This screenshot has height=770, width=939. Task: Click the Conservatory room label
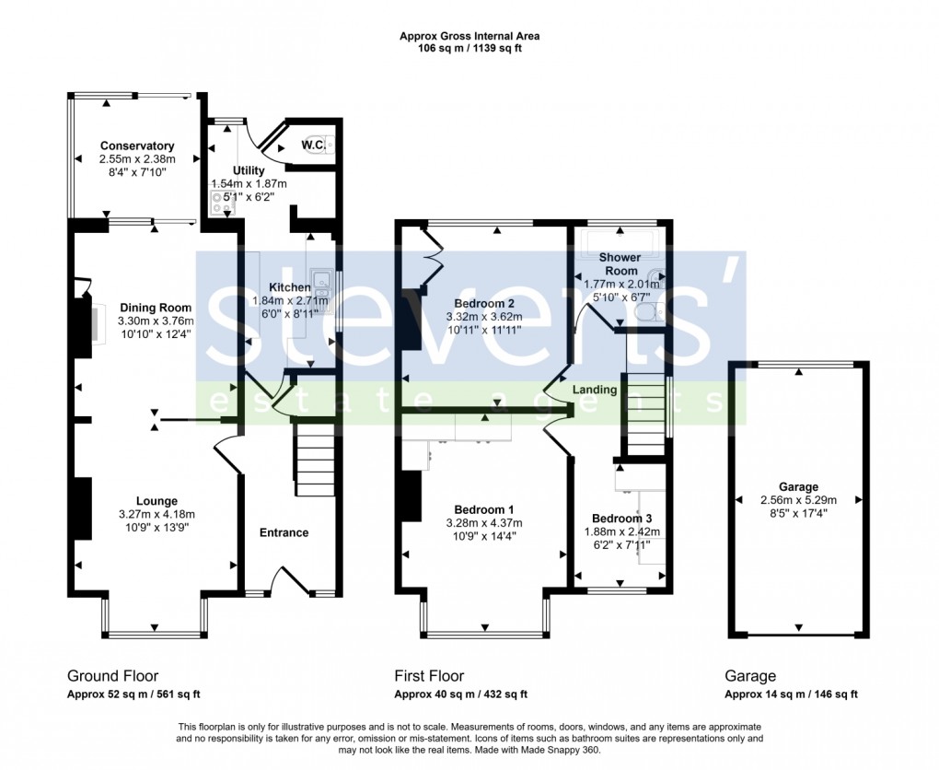(x=137, y=146)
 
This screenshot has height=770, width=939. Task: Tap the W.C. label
(x=312, y=145)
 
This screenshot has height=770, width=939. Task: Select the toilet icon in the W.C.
(x=329, y=144)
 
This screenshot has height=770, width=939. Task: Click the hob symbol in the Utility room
(x=223, y=202)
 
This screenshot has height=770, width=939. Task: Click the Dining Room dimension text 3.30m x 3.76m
(x=155, y=321)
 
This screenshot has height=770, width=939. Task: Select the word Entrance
(x=284, y=532)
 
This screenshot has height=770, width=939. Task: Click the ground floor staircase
(x=313, y=461)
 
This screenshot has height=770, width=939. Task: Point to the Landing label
(x=595, y=390)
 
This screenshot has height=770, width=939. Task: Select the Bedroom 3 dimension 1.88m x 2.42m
(x=623, y=531)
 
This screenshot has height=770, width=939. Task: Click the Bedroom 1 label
(x=484, y=509)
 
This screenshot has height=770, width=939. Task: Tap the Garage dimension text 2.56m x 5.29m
(x=797, y=500)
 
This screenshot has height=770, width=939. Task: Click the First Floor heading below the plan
(x=429, y=676)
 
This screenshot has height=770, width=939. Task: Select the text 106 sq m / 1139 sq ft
(x=469, y=49)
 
